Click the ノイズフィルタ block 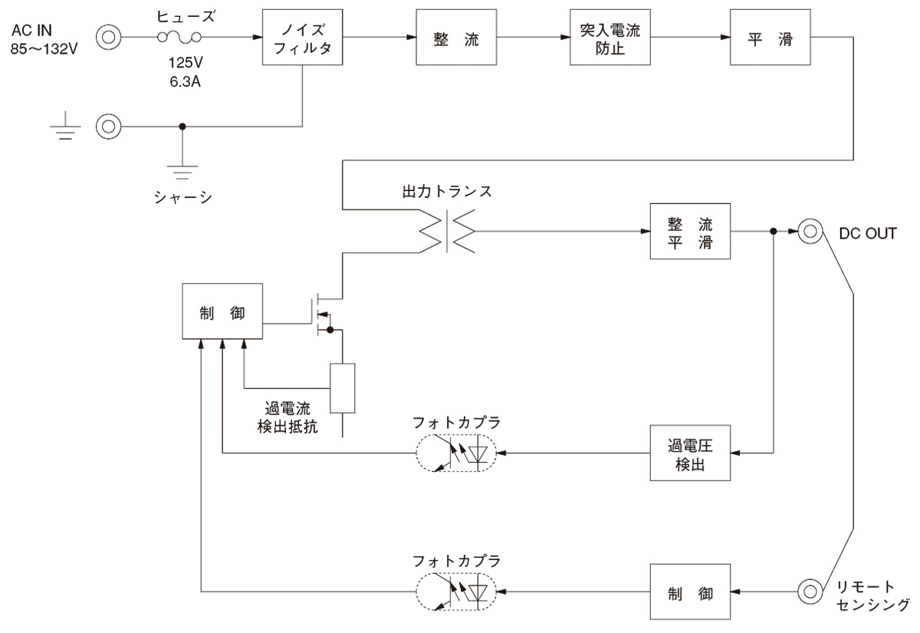click(x=302, y=38)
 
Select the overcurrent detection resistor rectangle click(x=342, y=388)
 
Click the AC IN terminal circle click(x=108, y=37)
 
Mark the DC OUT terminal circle click(x=809, y=231)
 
